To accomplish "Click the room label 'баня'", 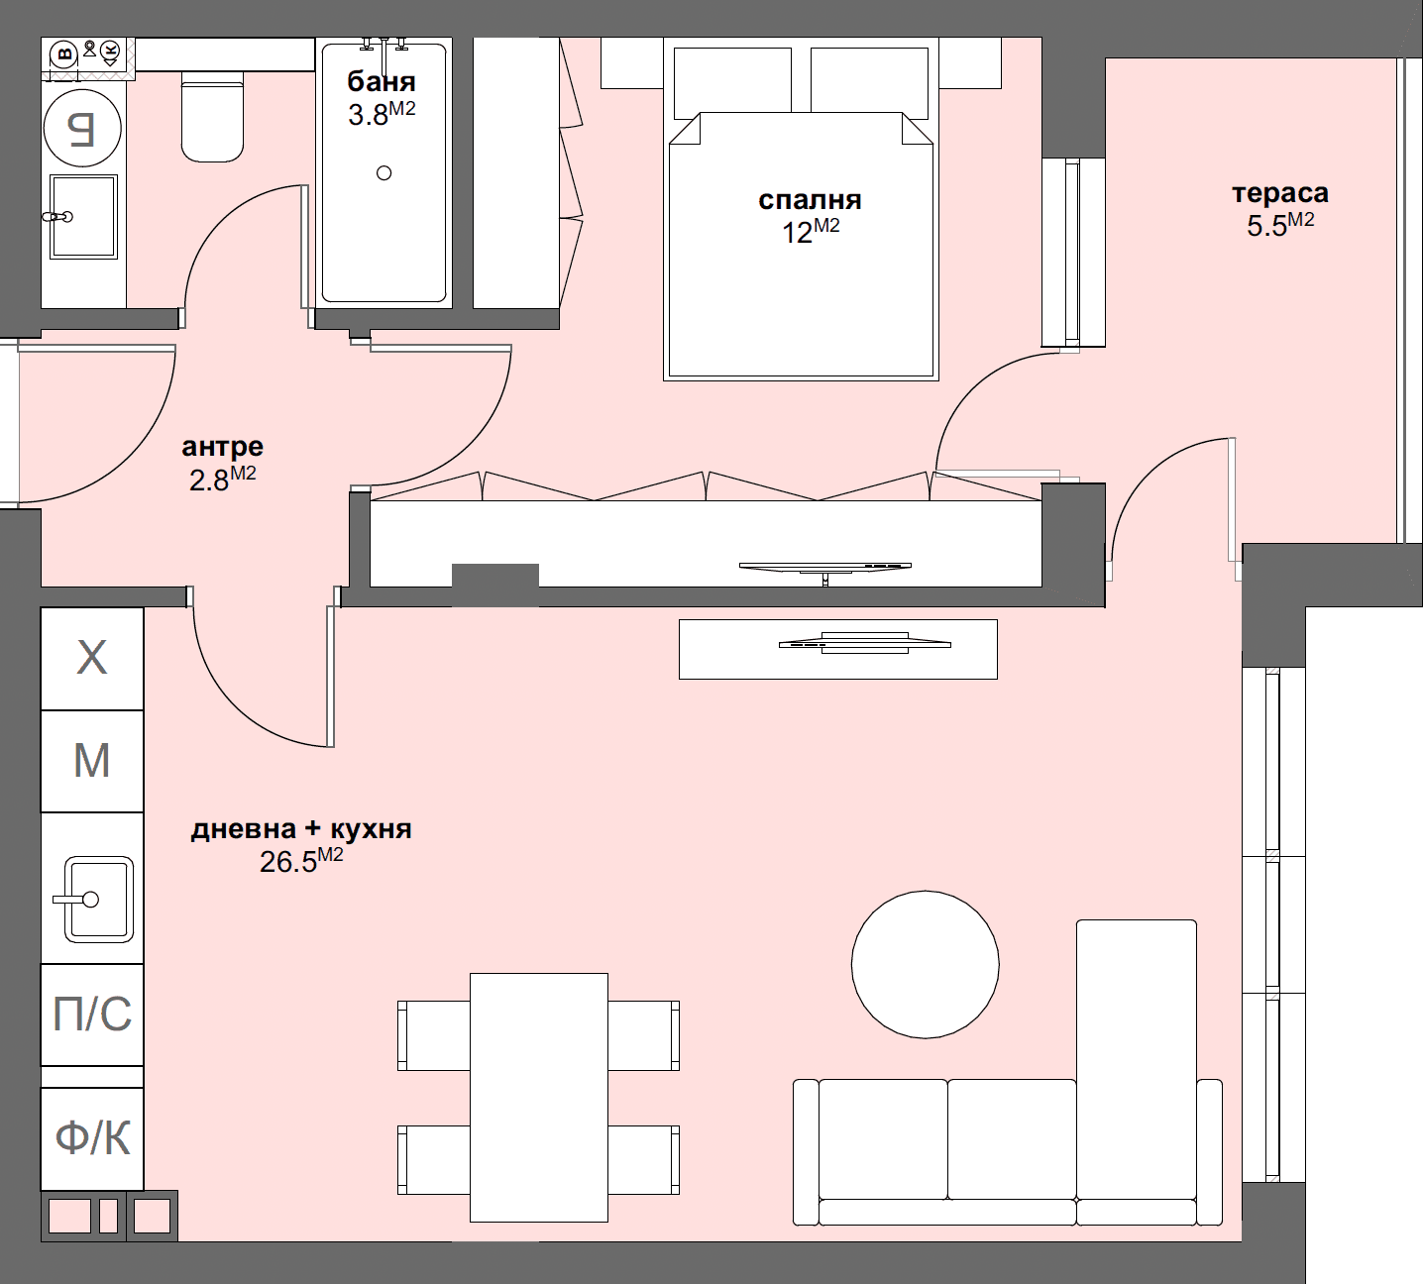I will point(381,82).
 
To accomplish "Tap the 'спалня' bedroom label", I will point(809,200).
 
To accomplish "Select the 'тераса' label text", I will point(1279,193).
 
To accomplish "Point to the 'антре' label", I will point(222,448).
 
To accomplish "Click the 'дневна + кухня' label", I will point(300,829).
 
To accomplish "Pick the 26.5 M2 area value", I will point(300,861).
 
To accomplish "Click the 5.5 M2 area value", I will point(1279,225).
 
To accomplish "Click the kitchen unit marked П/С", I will point(92,1015).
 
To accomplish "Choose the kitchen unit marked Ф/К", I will point(92,1138).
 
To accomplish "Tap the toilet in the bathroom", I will point(212,117).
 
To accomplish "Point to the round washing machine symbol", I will point(83,129).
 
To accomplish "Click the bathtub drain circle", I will point(384,173).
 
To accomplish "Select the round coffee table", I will point(925,964).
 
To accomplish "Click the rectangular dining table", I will point(538,1097).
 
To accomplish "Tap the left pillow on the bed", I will point(732,80).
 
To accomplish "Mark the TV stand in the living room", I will point(837,649).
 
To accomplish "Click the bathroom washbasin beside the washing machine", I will point(84,216).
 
